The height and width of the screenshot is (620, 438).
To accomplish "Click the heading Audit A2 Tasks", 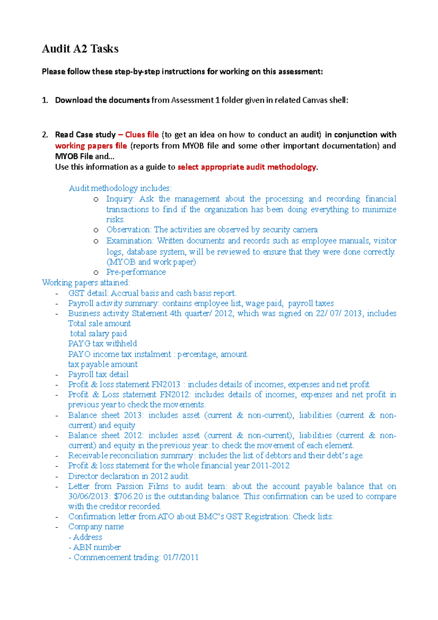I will pos(80,49).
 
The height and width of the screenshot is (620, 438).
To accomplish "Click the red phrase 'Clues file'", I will pos(142,135).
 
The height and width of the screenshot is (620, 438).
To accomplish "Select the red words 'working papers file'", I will pos(91,146).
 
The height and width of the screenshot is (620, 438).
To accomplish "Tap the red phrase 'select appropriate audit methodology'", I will pos(247,167).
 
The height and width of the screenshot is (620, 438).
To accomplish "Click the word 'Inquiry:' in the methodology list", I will pos(120,199).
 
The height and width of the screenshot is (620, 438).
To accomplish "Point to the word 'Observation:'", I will pos(128,230).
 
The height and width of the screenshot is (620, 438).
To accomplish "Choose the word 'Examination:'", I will pos(130,241).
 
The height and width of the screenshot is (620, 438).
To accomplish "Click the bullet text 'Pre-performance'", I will pos(136,272).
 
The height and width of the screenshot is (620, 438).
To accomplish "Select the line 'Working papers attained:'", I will pos(86,283).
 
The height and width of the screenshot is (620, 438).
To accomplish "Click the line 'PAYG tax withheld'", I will pos(103,344).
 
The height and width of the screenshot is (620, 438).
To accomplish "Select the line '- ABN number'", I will pos(95,547).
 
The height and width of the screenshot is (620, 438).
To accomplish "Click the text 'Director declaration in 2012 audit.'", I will pos(128,476).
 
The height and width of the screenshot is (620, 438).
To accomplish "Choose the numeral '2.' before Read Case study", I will pos(45,135).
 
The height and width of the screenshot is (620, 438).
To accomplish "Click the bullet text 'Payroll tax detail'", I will pos(98,374).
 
